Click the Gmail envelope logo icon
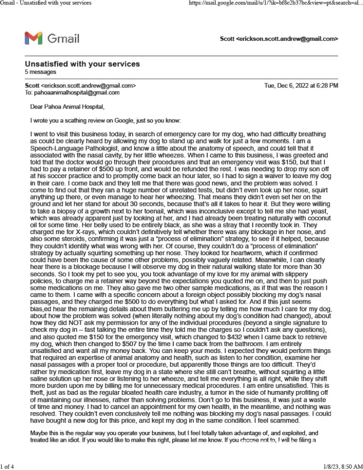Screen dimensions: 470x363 [33, 38]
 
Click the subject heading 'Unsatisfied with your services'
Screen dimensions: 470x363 [82, 64]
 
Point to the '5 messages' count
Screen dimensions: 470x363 [40, 72]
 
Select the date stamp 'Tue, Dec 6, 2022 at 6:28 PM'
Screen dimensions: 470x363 [301, 86]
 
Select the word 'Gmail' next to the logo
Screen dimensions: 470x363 [63, 38]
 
